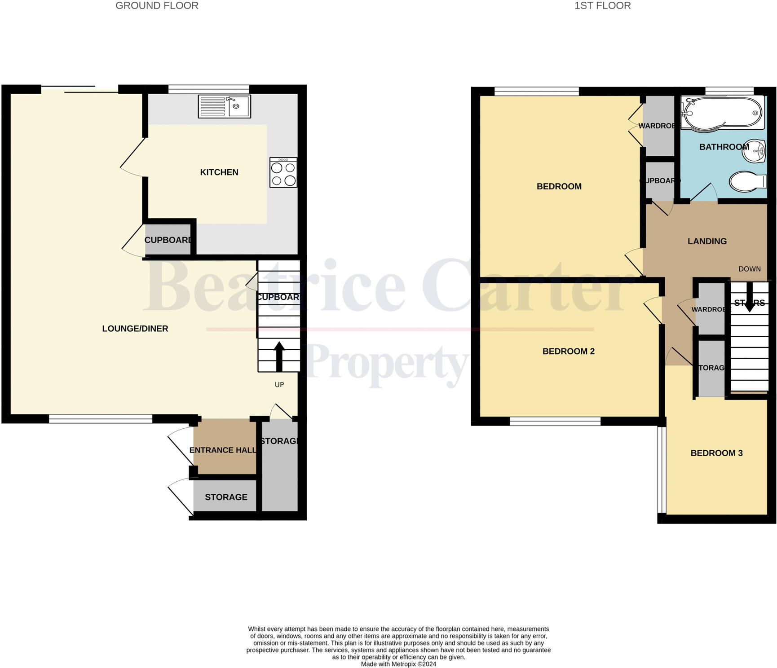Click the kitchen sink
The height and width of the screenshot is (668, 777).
tap(224, 106)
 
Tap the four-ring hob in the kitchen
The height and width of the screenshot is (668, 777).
tap(283, 172)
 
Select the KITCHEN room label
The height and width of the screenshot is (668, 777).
tap(219, 172)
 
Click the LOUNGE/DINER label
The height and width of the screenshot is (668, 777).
tap(135, 329)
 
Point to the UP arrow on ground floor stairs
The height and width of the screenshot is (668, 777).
tap(279, 356)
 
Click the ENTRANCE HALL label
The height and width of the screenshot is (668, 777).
tap(223, 450)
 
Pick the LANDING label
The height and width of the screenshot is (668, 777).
tap(707, 242)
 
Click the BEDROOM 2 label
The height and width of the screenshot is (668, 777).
tap(568, 352)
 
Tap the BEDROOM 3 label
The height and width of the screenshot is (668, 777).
tap(716, 453)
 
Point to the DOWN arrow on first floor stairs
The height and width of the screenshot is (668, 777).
tap(750, 297)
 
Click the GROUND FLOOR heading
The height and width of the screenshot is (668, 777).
tap(157, 6)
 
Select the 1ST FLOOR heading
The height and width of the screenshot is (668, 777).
tap(602, 6)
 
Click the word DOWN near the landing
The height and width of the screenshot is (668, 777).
tap(750, 269)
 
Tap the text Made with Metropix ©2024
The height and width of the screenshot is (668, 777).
tap(398, 664)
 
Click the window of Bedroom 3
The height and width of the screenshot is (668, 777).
tap(661, 470)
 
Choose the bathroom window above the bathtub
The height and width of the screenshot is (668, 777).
tap(729, 91)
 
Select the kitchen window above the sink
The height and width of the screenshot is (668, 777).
tap(208, 89)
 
